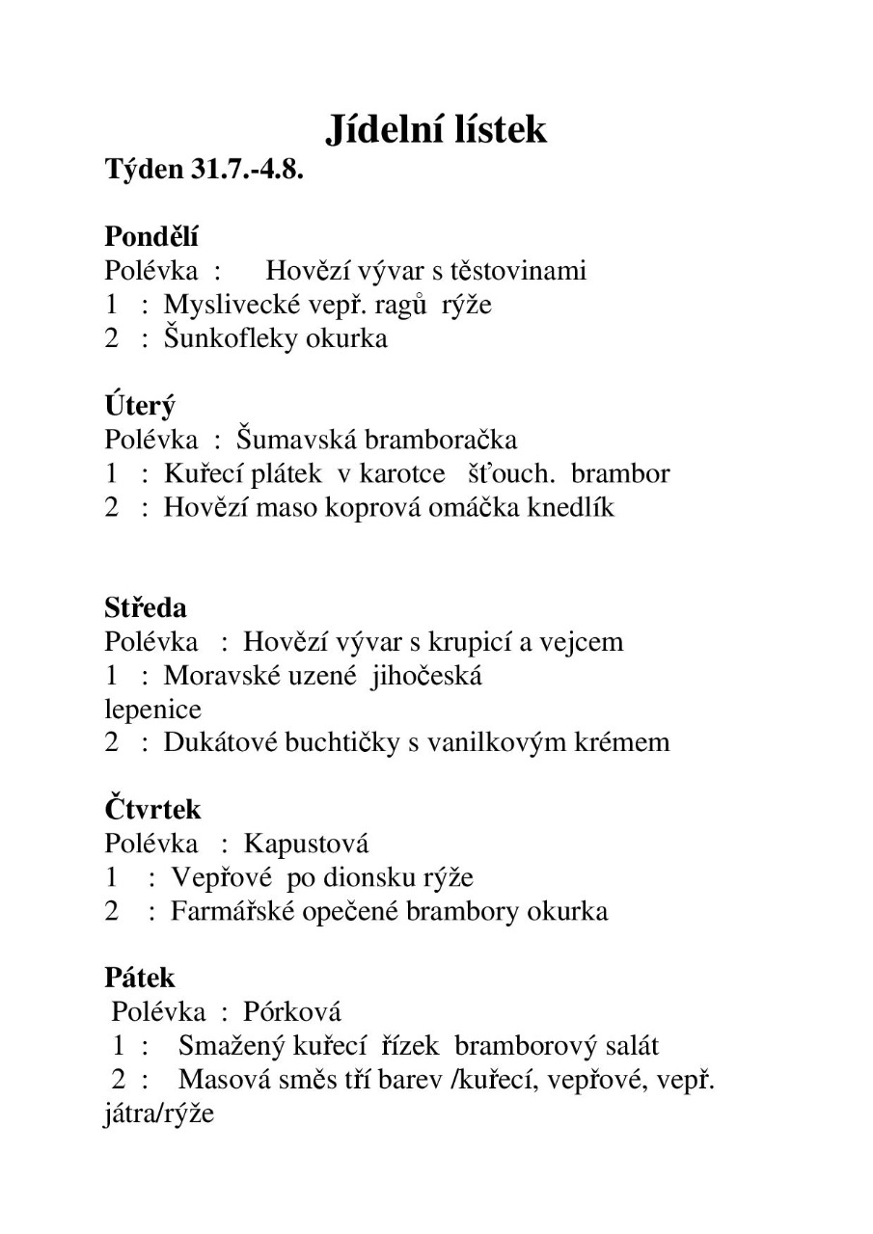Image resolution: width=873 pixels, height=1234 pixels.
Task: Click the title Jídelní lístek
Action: [436, 128]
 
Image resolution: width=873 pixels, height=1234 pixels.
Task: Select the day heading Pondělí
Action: [151, 236]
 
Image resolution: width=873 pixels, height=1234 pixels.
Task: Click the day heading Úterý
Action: [140, 406]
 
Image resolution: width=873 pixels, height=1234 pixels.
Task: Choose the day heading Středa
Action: [146, 608]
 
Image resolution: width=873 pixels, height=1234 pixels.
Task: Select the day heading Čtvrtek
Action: [152, 810]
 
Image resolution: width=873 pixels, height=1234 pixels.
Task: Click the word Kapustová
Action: [306, 845]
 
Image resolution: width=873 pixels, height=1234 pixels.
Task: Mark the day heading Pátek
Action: [140, 978]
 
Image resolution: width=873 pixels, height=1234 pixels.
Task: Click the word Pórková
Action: [292, 1012]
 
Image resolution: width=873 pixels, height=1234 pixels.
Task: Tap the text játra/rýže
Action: [159, 1114]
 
